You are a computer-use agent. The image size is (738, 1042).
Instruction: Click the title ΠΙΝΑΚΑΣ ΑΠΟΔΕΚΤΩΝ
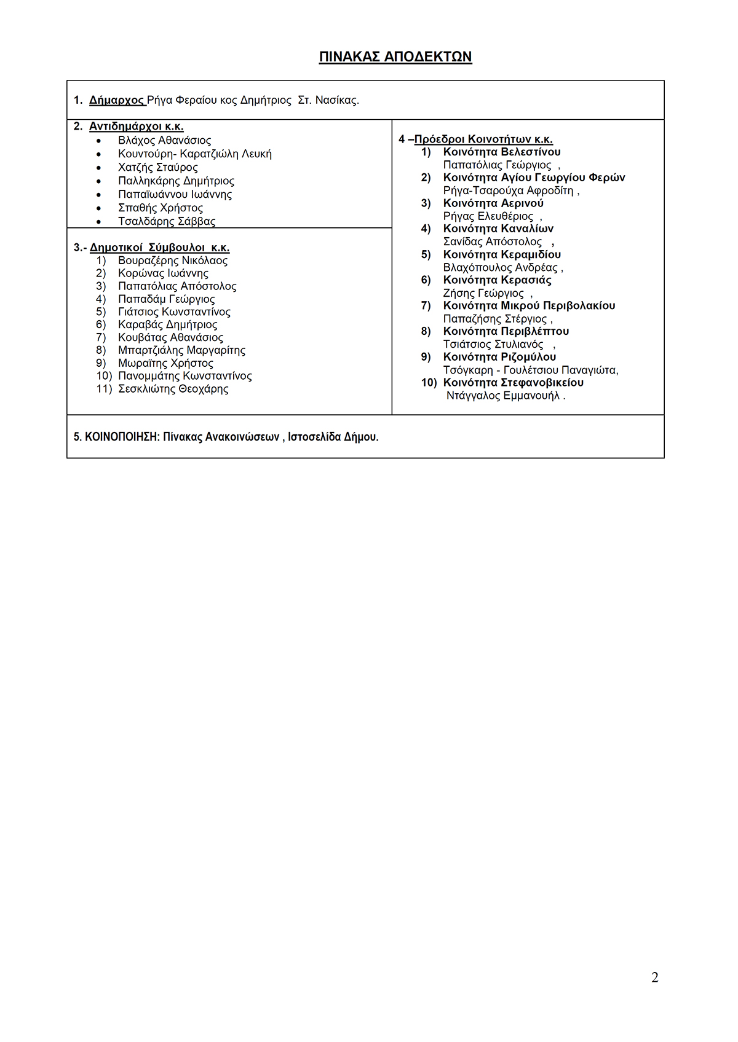[395, 57]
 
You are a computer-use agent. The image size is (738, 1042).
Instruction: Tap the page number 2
[654, 977]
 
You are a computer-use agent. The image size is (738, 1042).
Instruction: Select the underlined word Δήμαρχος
[117, 100]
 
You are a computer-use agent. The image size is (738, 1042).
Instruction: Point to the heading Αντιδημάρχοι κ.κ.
[136, 127]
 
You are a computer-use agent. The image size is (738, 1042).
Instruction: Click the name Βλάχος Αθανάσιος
[164, 140]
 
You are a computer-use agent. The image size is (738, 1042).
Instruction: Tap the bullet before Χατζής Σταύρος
[98, 168]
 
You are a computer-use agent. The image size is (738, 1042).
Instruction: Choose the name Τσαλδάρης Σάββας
[167, 221]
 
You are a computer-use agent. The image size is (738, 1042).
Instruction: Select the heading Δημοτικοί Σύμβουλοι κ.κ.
[159, 248]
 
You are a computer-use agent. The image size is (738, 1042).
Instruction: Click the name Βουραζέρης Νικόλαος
[173, 260]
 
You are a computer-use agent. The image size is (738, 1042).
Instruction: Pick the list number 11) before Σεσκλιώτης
[104, 389]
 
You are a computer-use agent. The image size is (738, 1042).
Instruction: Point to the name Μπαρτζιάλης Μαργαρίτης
[181, 350]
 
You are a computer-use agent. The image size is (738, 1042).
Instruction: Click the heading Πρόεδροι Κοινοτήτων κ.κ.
[483, 139]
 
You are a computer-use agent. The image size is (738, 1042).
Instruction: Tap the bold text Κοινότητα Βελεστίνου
[502, 152]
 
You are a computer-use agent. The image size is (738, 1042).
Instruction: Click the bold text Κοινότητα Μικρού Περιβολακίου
[529, 305]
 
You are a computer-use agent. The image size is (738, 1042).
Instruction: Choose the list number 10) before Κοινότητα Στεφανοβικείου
[429, 383]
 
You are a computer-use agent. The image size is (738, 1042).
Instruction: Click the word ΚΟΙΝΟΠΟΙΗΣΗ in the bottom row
[122, 437]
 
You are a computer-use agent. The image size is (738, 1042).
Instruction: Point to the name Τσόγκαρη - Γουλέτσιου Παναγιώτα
[530, 370]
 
